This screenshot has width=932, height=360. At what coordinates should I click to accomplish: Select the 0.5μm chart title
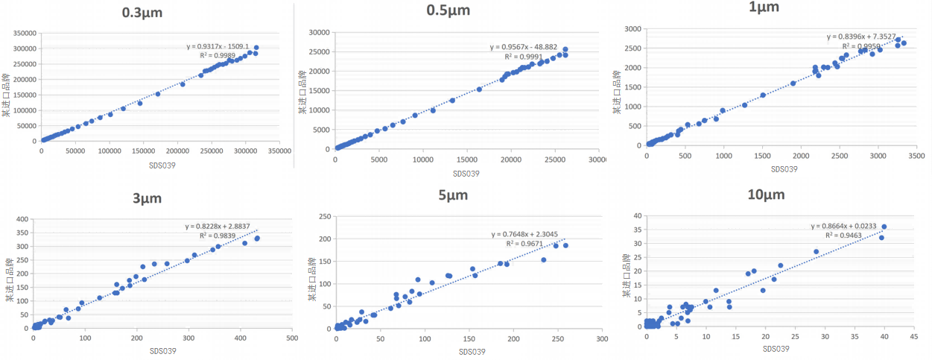(x=448, y=10)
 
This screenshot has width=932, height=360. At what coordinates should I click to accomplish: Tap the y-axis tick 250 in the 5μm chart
(x=326, y=217)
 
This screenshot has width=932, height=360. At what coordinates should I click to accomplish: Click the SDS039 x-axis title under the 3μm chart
(x=162, y=350)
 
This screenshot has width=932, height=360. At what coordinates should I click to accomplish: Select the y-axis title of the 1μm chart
(x=617, y=92)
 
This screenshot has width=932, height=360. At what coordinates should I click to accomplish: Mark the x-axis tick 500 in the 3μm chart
(x=292, y=338)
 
